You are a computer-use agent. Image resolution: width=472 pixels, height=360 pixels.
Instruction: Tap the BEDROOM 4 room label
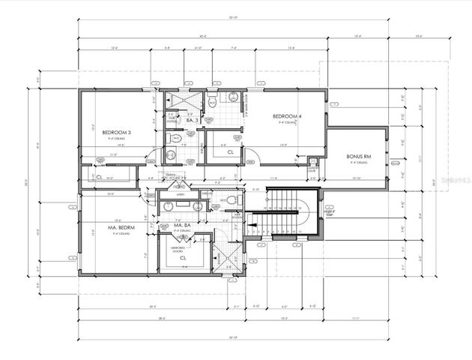(287, 116)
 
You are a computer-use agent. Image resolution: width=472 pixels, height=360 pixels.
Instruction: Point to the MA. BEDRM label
(109, 226)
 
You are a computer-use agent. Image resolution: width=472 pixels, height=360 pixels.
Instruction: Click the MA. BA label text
(184, 226)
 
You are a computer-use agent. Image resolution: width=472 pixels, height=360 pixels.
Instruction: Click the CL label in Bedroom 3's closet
(99, 178)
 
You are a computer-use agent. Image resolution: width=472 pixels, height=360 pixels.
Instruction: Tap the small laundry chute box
(313, 169)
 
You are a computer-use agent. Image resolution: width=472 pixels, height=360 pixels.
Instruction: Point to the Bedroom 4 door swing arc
(252, 154)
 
